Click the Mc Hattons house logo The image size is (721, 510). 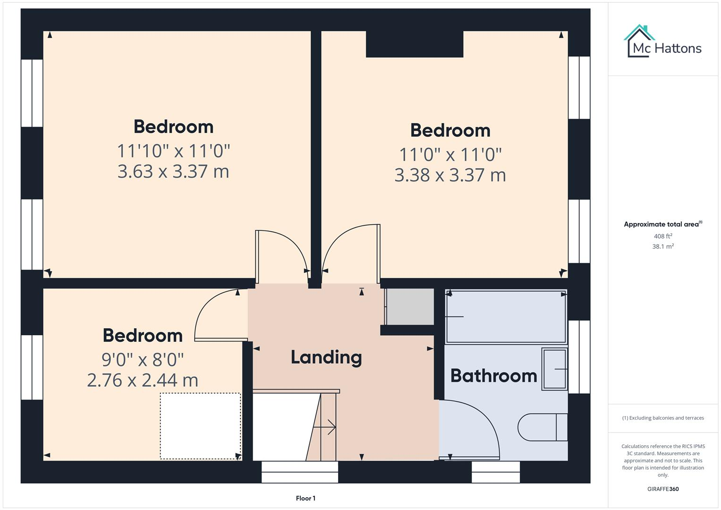[640, 41]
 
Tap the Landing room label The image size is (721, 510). [326, 357]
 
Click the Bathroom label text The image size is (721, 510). [493, 376]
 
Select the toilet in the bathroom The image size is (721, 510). [542, 427]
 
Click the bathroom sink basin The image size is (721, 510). [554, 369]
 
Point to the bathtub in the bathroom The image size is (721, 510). [506, 316]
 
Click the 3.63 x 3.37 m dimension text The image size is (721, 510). [173, 171]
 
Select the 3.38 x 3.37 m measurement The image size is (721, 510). [450, 175]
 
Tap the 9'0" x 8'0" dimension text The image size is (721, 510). [143, 360]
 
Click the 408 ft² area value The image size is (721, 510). [663, 236]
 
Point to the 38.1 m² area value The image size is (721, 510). [663, 246]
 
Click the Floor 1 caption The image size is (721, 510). [305, 498]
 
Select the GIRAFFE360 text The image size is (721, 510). [663, 489]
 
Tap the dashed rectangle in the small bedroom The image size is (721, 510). [200, 425]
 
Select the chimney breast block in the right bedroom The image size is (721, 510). [414, 44]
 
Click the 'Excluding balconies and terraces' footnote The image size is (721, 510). [663, 418]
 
